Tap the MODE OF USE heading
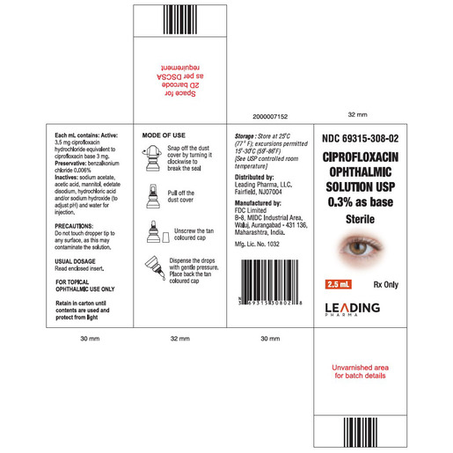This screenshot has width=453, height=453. (x=164, y=135)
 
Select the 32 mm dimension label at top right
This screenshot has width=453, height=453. (x=356, y=115)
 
